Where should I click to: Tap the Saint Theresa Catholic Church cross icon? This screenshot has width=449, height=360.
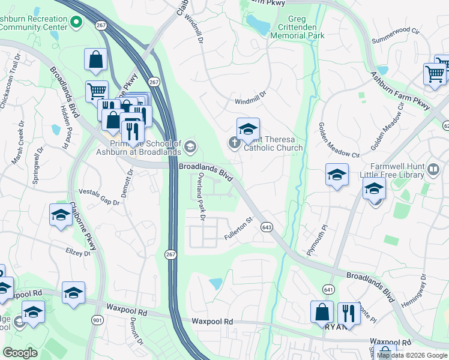coord(234,142)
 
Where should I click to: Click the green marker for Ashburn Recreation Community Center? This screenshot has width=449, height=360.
coord(76,23)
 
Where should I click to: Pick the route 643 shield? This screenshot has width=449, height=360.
coord(268,227)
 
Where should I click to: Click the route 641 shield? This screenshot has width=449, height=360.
coord(328,289)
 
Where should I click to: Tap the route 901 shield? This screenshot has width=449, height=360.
coord(97,320)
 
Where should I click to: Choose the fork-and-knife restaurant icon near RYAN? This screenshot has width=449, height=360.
coord(348,312)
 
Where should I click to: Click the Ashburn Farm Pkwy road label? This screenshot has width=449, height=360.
coord(400,91)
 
